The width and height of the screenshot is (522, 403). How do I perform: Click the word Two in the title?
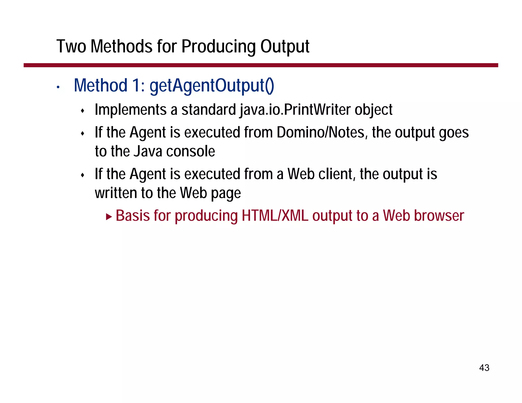point(71,47)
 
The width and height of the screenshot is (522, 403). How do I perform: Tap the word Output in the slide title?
point(285,47)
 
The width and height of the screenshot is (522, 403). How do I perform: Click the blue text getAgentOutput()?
point(212,85)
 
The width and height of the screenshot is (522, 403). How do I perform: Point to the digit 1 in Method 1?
point(136,85)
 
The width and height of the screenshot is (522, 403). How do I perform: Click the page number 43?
point(484,368)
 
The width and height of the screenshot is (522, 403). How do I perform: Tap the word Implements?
point(131,110)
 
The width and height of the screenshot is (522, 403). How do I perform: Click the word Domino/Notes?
point(322,132)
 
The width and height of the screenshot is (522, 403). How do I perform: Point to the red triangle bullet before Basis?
point(109,217)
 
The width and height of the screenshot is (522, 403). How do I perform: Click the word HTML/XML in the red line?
point(275,216)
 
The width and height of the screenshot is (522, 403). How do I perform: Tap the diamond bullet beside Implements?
point(82,111)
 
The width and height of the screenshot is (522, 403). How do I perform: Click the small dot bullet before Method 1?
point(58,87)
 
